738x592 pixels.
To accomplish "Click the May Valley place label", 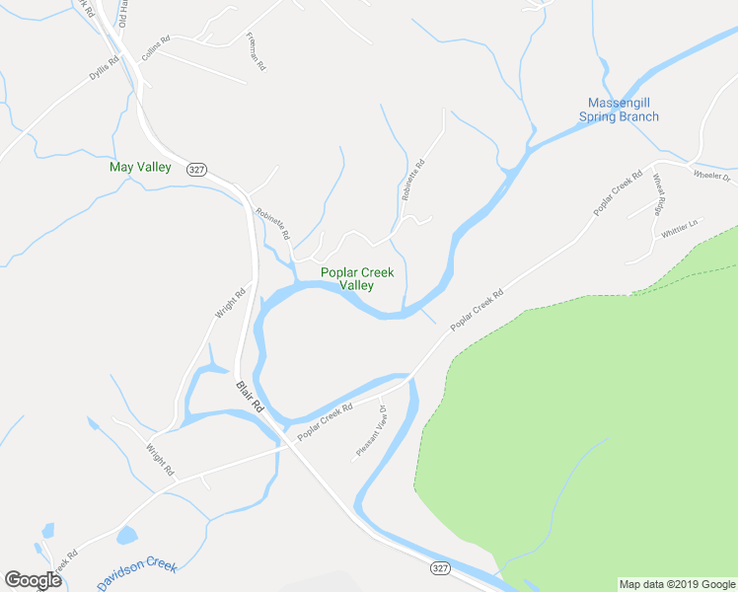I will point(140,167).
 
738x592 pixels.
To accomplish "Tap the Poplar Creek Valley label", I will point(356,279).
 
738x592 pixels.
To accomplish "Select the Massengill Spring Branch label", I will point(619,110).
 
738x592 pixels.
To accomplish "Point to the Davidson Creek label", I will point(137,571).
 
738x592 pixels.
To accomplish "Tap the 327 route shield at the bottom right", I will point(440,568).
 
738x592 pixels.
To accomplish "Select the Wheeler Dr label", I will point(710,177).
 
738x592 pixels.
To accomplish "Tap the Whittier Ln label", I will point(680,228).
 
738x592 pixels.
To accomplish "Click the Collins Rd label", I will point(156,49).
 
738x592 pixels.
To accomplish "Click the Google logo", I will point(34,580).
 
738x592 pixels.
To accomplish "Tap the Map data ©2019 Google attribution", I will point(676,584).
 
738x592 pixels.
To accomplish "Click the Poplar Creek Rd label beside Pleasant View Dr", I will point(326,420).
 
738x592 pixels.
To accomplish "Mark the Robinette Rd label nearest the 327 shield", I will point(271,224).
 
